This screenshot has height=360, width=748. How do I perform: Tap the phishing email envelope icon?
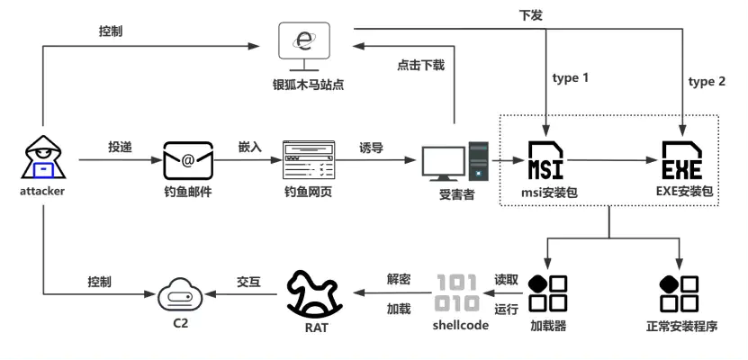coord(187,161)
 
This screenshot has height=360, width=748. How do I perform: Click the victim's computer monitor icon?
coord(444,161)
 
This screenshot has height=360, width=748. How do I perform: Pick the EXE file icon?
coord(680,160)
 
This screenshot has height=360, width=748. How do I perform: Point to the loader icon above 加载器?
coord(548,292)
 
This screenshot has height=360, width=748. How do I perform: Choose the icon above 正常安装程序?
coord(680,292)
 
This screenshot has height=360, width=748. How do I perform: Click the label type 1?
coord(571,78)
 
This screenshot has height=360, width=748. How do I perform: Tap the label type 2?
coord(707,81)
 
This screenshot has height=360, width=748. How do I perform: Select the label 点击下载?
coord(420,65)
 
